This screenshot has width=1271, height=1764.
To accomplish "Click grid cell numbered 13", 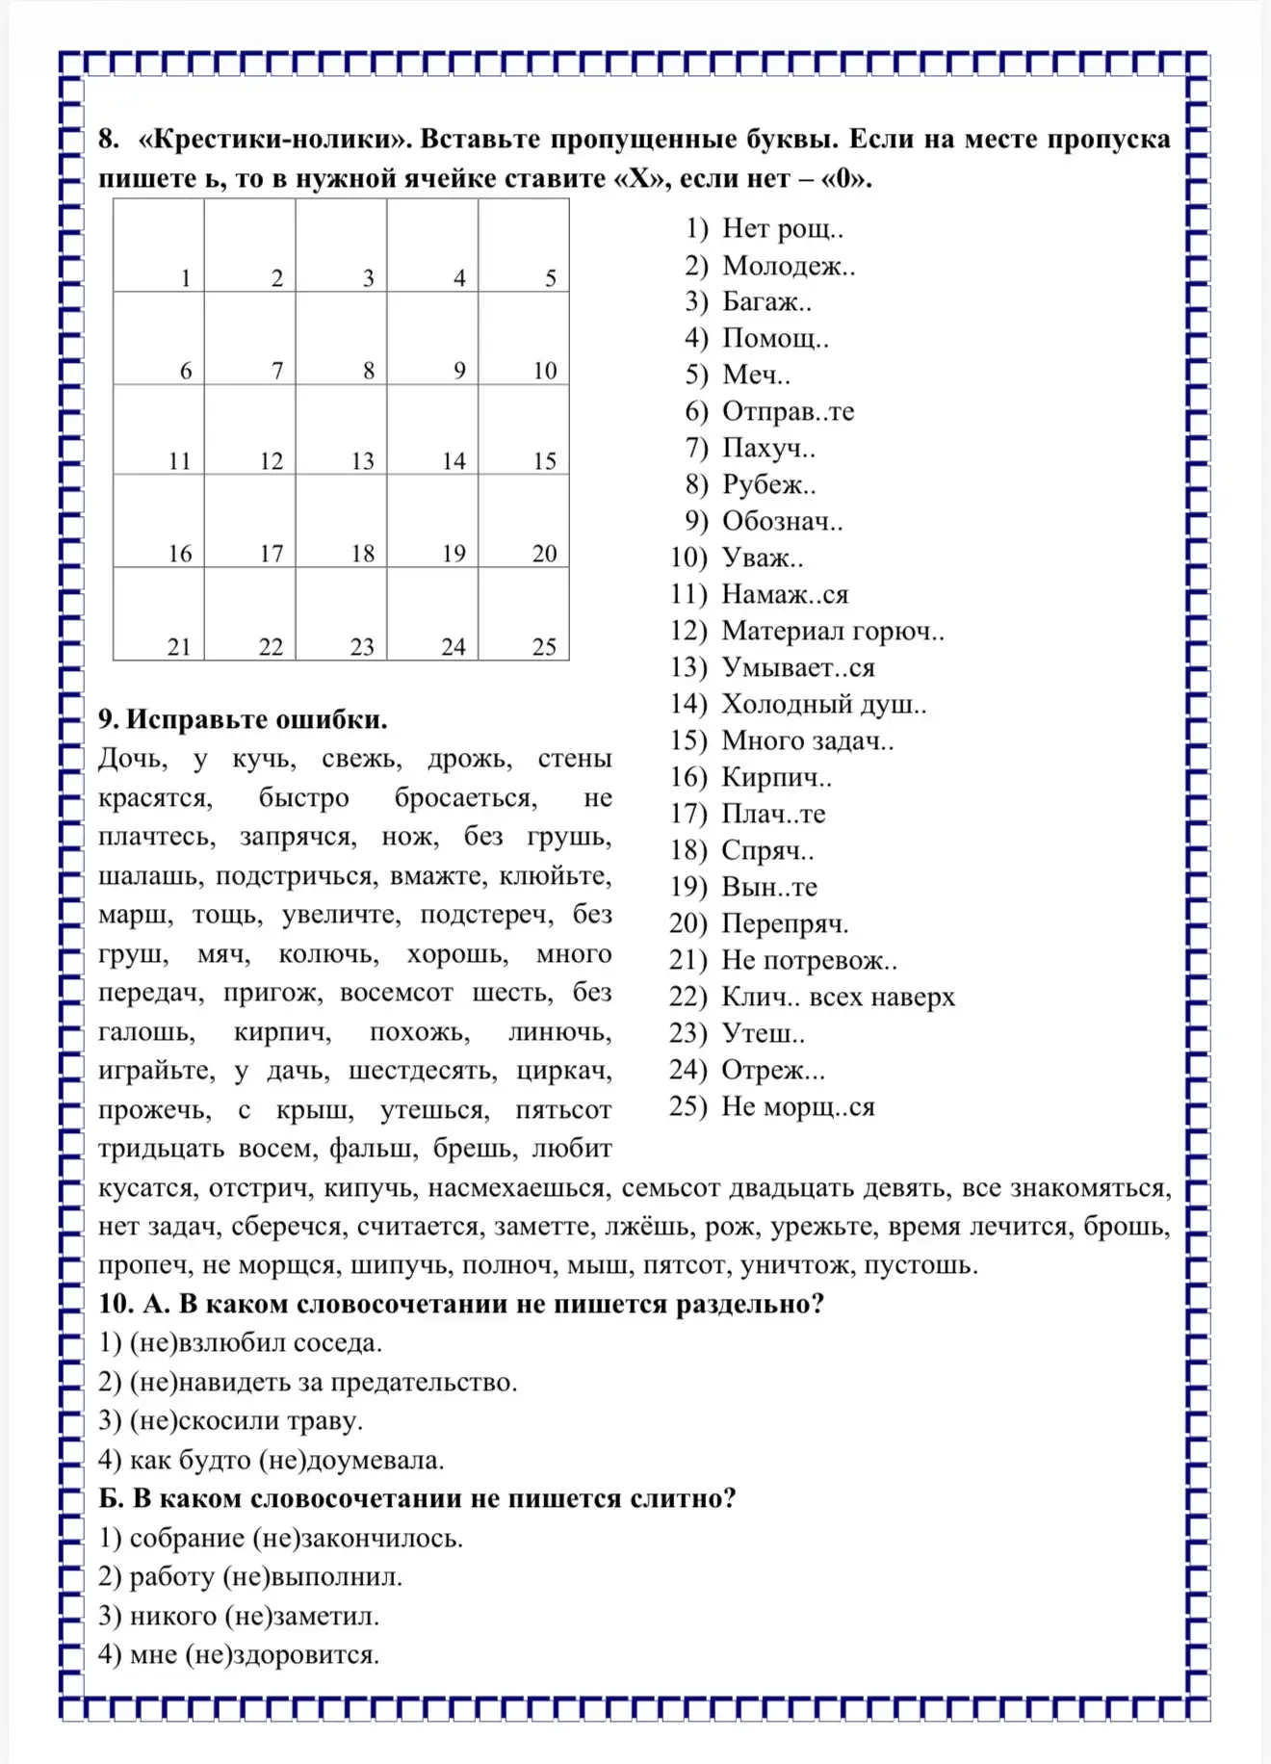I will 341,429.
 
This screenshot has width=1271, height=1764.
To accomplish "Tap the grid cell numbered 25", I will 524,613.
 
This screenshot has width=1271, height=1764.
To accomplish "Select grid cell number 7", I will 250,338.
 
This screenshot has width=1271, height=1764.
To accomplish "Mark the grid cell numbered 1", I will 159,246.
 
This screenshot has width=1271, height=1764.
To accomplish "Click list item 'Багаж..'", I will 766,302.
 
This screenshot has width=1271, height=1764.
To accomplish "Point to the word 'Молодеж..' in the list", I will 789,266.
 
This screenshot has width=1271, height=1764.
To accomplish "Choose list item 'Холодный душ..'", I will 824,705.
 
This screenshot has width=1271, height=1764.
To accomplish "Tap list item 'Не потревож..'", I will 809,961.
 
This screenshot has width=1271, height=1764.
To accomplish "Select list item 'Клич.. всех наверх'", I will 838,998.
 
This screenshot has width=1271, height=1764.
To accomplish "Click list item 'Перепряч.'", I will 785,924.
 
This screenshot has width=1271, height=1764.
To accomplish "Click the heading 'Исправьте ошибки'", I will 256,720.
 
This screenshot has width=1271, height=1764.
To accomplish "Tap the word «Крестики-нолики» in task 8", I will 274,140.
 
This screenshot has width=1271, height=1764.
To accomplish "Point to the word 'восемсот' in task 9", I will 396,993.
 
